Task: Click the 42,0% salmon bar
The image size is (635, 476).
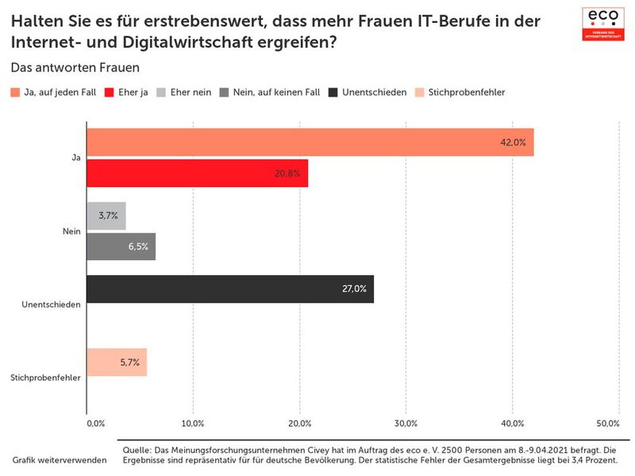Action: pos(310,143)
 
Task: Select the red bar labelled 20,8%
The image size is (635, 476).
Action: pos(197,173)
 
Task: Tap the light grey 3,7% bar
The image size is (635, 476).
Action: pos(106,216)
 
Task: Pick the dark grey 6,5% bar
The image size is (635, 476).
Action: pos(121,247)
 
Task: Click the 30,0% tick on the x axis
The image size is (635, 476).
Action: pos(406,424)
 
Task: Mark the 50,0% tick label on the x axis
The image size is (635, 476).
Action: pos(607,424)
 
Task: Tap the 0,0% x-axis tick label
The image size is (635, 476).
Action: pos(94,424)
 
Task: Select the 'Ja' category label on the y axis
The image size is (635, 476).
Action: pos(76,159)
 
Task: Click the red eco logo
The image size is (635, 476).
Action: pos(603,23)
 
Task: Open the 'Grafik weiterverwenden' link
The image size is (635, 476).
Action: pos(60,460)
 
